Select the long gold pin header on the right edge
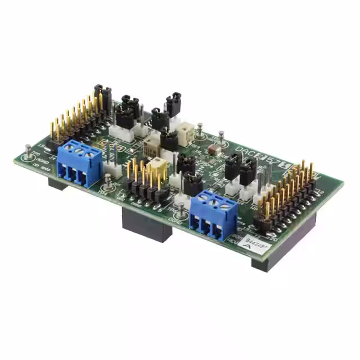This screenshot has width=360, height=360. (287, 194)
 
